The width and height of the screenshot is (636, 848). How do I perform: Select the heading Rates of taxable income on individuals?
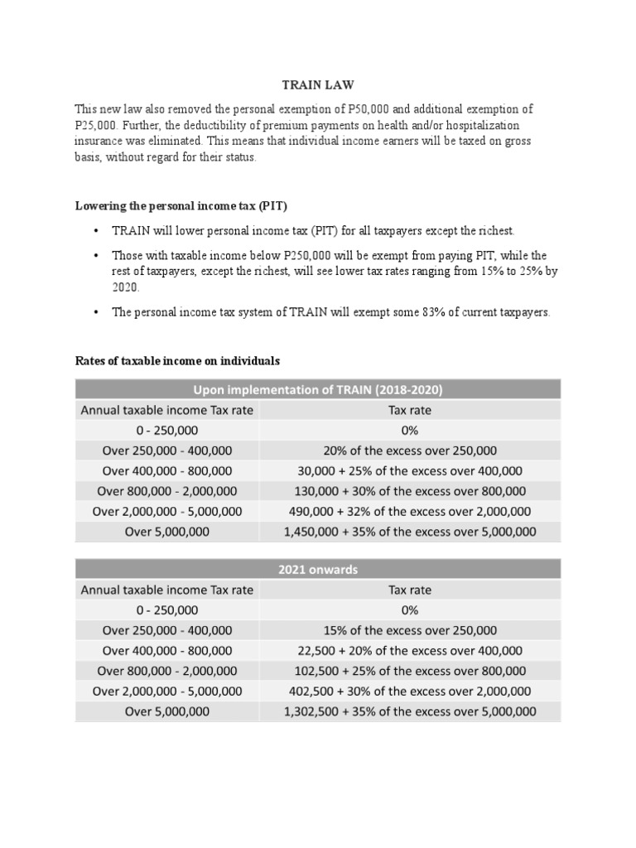click(178, 361)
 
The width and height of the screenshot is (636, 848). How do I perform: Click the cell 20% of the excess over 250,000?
click(409, 450)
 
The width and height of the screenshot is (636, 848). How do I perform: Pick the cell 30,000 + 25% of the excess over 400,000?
click(409, 471)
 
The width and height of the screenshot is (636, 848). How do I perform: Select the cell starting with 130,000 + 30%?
click(409, 491)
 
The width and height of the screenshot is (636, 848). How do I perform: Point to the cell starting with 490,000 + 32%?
click(409, 512)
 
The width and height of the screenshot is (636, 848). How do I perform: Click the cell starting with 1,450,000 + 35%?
click(409, 532)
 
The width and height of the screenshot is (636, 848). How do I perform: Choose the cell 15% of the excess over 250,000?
click(409, 630)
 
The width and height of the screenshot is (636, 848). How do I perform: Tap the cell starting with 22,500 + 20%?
click(409, 651)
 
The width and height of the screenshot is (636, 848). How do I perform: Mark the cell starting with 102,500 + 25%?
click(409, 671)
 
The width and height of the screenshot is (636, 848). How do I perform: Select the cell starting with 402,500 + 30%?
click(409, 691)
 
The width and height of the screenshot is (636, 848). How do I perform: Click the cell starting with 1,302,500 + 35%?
click(409, 711)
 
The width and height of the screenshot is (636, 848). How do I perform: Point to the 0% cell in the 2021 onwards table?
click(409, 610)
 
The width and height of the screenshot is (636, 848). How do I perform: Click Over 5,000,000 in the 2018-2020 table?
click(166, 532)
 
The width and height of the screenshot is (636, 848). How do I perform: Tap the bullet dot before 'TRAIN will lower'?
click(96, 230)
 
